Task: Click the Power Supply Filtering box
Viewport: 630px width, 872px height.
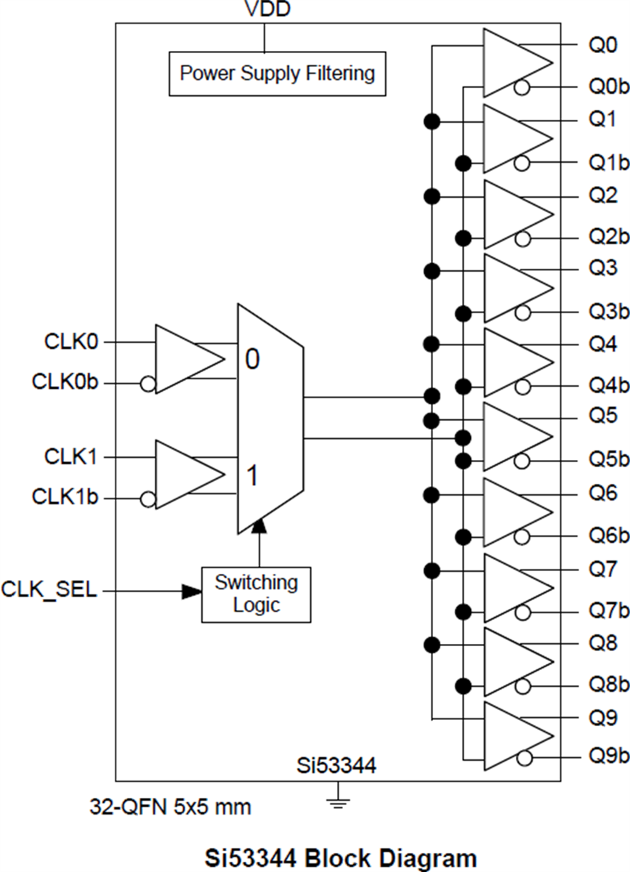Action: (x=277, y=73)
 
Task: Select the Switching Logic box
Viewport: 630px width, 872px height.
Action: (x=256, y=594)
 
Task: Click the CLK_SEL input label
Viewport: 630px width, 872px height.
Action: (x=49, y=589)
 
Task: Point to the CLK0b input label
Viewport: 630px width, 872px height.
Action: (x=65, y=381)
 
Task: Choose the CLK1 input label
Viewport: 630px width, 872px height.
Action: (x=71, y=457)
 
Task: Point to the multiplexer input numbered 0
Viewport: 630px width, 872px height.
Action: (x=251, y=359)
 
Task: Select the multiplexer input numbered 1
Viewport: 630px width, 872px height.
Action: (x=251, y=477)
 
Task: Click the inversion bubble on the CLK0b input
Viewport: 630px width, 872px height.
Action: (x=148, y=383)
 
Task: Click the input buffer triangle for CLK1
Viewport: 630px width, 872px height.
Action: (x=188, y=474)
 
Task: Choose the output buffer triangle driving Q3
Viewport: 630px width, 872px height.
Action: (x=516, y=288)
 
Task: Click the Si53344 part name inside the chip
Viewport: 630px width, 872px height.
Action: (x=336, y=765)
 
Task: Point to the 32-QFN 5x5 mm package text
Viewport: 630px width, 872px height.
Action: (x=171, y=807)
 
